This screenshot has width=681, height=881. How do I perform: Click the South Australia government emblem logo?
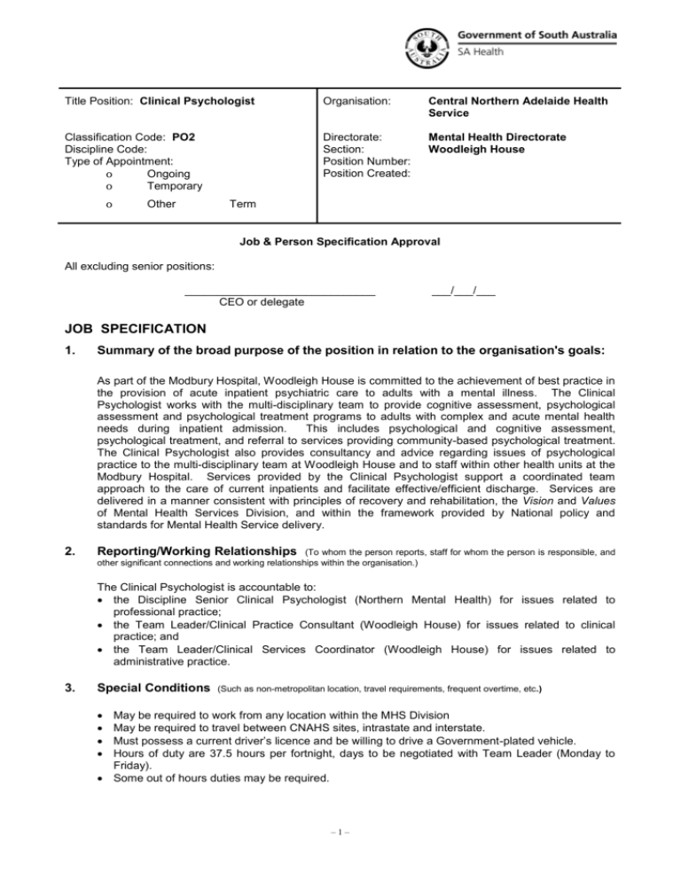click(x=428, y=45)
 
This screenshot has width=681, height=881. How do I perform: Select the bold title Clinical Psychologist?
click(x=198, y=101)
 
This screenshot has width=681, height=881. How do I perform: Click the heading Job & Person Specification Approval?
click(x=340, y=240)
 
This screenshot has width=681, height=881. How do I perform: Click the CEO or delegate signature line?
click(x=279, y=292)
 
